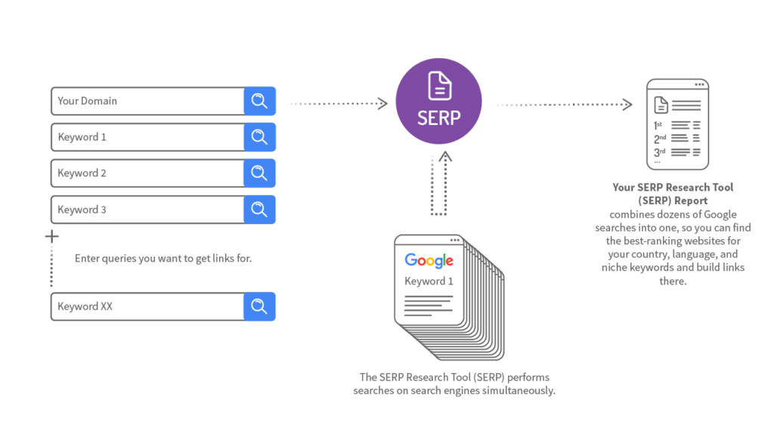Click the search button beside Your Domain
tap(259, 101)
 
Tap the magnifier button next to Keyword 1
tap(259, 137)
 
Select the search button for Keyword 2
tap(259, 173)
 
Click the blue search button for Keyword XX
tap(259, 306)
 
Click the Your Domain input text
tap(88, 101)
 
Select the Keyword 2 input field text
tap(82, 173)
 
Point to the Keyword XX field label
tap(85, 306)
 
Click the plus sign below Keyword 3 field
tap(51, 237)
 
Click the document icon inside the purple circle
tap(439, 85)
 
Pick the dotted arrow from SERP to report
tap(564, 104)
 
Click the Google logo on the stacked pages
tap(429, 261)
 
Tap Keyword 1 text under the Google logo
tap(429, 281)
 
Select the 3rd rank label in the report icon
tap(659, 152)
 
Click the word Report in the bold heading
tap(691, 201)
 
